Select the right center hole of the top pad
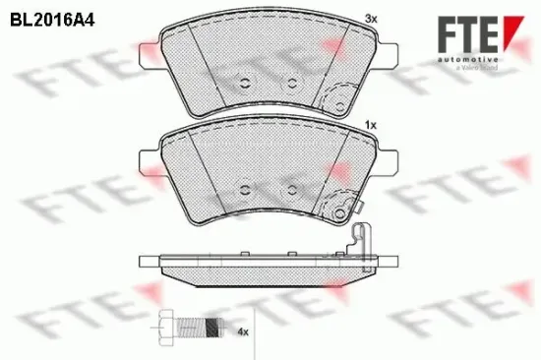tap(291, 82)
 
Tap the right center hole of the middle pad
tap(291, 187)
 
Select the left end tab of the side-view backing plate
tap(148, 263)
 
